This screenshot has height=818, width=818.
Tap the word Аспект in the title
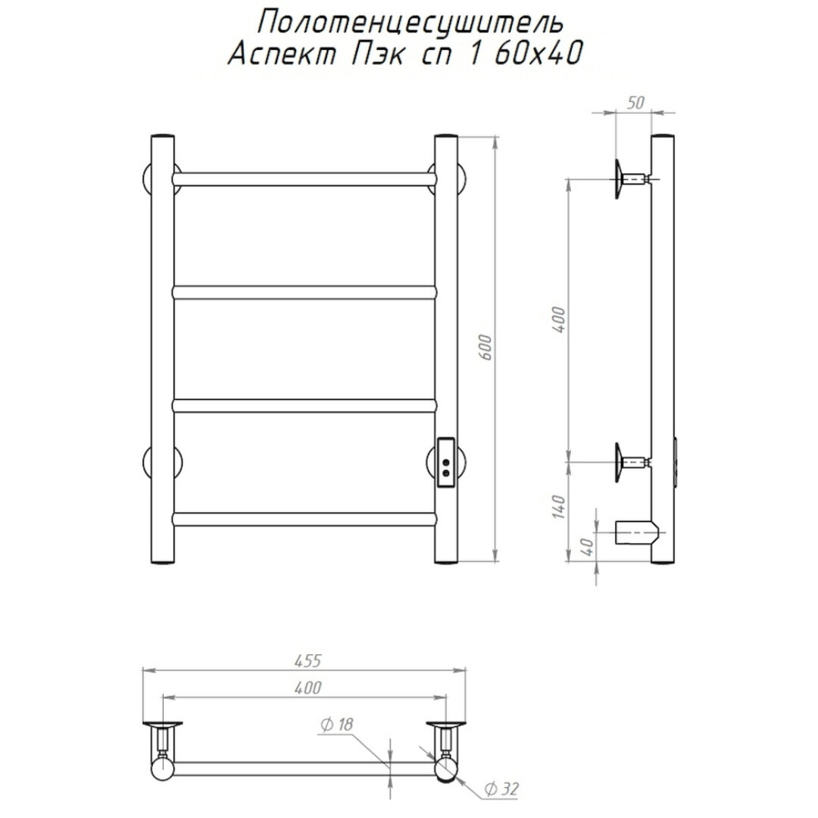click(283, 55)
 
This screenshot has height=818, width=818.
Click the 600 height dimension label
click(485, 346)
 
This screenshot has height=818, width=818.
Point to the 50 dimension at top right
click(635, 103)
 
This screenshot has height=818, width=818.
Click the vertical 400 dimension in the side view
click(559, 320)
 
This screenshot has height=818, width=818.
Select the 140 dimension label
click(559, 507)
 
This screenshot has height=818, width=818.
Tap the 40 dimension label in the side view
click(588, 547)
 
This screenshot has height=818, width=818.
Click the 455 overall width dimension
click(308, 660)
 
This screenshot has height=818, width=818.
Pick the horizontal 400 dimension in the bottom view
click(308, 688)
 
